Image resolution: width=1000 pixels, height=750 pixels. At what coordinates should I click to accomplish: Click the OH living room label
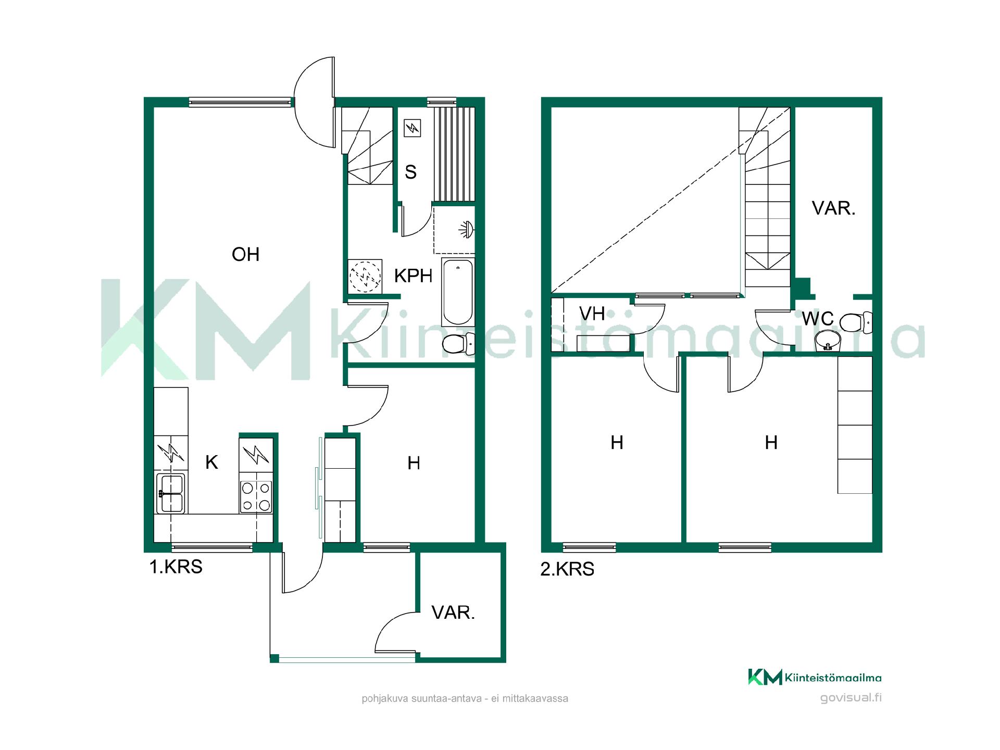click(245, 255)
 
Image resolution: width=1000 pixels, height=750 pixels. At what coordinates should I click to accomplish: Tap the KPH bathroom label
click(413, 276)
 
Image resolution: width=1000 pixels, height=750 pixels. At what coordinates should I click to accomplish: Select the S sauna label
click(410, 172)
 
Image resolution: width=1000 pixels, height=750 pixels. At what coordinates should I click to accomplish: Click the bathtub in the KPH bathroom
click(458, 292)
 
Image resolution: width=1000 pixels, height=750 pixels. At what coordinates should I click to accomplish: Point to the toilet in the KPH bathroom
click(458, 343)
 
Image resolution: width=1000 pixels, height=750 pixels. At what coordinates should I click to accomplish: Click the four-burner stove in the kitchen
click(256, 496)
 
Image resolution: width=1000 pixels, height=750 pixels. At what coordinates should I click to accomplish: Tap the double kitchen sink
click(171, 493)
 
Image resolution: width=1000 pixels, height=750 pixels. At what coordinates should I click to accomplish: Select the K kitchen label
click(211, 463)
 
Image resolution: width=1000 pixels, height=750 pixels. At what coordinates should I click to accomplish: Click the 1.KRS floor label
click(176, 567)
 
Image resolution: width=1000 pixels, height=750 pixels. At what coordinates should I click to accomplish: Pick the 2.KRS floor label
click(567, 569)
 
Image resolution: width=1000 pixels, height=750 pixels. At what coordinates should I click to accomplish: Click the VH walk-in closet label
click(592, 314)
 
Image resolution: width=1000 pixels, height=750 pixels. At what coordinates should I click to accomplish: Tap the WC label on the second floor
click(818, 319)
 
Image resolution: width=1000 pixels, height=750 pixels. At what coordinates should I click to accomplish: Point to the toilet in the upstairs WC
click(856, 322)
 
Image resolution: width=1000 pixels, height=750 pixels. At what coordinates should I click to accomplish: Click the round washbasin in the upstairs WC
click(827, 341)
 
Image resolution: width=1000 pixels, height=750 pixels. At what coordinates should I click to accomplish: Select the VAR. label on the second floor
click(833, 209)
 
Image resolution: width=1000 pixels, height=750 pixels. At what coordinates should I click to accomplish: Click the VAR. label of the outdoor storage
click(453, 613)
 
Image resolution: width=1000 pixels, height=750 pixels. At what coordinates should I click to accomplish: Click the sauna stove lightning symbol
click(413, 128)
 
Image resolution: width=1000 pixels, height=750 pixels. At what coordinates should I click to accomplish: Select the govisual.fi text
click(851, 698)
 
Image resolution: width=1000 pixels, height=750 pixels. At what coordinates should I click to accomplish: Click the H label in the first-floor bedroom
click(414, 463)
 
